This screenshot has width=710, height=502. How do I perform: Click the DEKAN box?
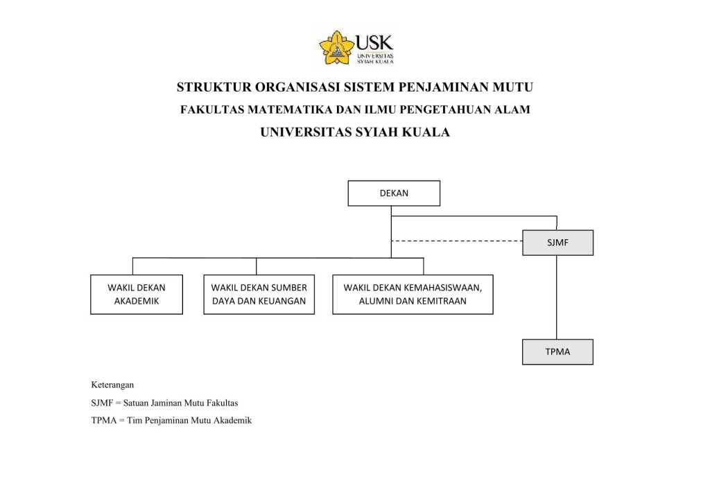click(x=394, y=193)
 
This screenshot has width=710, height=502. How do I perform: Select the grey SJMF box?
click(x=557, y=243)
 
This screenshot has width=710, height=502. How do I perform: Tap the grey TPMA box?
click(x=557, y=352)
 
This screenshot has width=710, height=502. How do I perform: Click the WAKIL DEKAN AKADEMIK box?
click(x=137, y=294)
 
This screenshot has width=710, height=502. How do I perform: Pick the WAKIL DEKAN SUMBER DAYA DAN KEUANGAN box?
click(x=259, y=294)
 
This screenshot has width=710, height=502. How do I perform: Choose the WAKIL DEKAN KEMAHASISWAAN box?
click(x=413, y=294)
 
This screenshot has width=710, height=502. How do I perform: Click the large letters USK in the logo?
click(x=374, y=42)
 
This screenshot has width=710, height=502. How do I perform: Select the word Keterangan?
click(x=112, y=384)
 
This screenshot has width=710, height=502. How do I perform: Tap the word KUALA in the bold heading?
click(x=425, y=132)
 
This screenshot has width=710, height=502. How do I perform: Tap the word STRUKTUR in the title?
click(x=214, y=87)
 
